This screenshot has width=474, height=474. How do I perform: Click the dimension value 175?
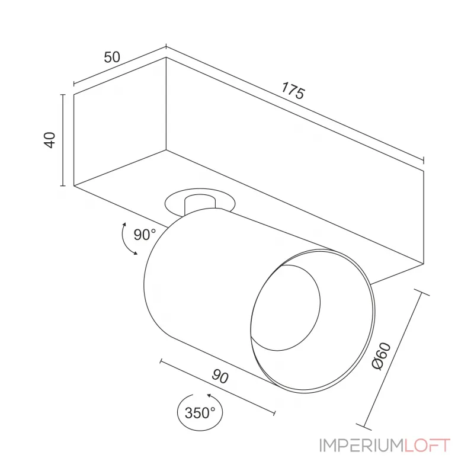pyautogui.click(x=293, y=92)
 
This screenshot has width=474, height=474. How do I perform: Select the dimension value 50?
pyautogui.click(x=112, y=57)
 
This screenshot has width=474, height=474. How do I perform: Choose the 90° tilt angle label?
pyautogui.click(x=144, y=235)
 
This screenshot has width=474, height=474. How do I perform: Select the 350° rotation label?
pyautogui.click(x=200, y=413)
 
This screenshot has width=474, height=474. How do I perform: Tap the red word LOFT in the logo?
pyautogui.click(x=428, y=446)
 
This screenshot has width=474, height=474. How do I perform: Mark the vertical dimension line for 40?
pyautogui.click(x=63, y=140)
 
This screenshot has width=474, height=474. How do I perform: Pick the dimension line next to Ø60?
pyautogui.click(x=393, y=359)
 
